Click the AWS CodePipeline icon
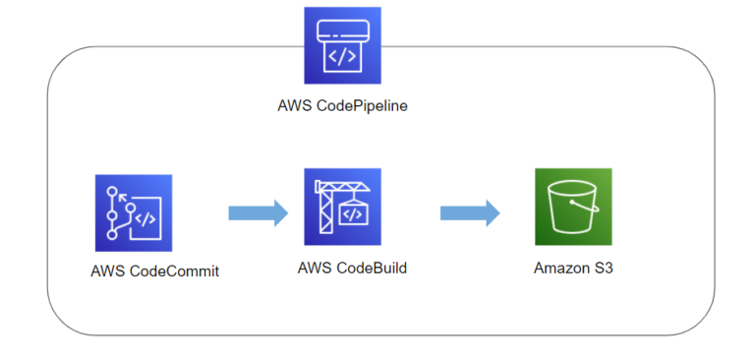pos(342,46)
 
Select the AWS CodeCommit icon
pos(134,213)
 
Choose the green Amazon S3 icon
pos(573,207)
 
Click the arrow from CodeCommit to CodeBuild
pos(258,212)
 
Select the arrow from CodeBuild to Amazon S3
pos(470,212)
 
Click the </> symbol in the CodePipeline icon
pos(342,56)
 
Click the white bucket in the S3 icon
pos(572,209)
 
